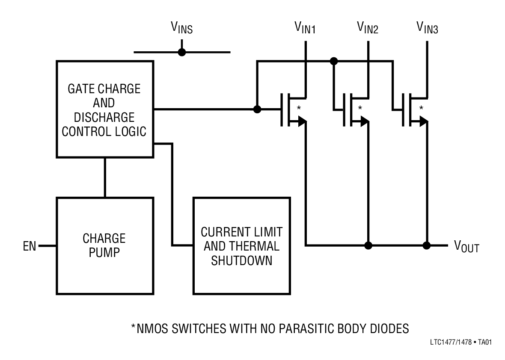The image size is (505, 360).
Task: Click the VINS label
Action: [x=182, y=28]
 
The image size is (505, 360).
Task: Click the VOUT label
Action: [x=466, y=246]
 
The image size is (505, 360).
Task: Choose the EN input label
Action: [x=30, y=246]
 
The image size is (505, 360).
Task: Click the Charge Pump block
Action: [x=104, y=245]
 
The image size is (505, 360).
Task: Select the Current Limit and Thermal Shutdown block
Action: [x=241, y=245]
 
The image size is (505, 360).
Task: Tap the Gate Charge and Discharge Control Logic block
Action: [x=104, y=109]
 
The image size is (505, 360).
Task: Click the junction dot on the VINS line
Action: [x=182, y=52]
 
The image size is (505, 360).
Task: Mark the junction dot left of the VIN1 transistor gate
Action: [x=257, y=109]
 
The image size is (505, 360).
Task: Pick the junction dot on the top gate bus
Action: [x=334, y=61]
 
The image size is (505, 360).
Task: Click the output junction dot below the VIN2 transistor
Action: [x=368, y=245]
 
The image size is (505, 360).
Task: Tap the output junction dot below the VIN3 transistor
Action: [x=427, y=245]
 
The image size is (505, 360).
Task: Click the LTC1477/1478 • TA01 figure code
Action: [x=458, y=342]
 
